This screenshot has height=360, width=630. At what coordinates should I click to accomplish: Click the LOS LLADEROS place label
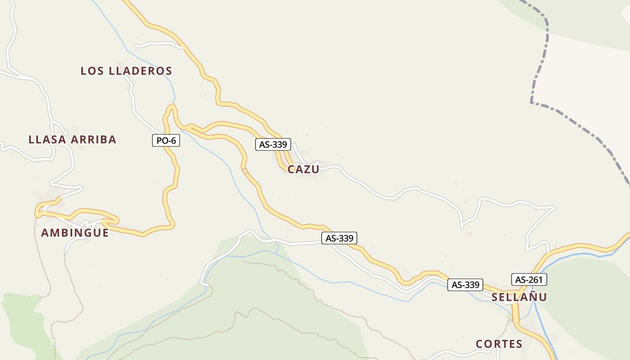click(x=126, y=71)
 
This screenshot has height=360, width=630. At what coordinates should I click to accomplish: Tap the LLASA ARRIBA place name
click(x=72, y=139)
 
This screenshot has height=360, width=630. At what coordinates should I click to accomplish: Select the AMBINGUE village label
click(x=75, y=233)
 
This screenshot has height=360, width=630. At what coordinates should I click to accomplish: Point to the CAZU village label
click(x=303, y=169)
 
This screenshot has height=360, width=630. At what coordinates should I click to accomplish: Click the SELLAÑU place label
click(x=519, y=297)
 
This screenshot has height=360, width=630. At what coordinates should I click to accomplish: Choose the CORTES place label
click(x=499, y=344)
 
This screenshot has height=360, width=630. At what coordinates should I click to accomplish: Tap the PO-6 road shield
click(x=166, y=141)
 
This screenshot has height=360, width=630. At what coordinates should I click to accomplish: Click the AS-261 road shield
click(x=529, y=279)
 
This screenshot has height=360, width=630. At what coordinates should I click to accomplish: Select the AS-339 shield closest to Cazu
click(x=273, y=144)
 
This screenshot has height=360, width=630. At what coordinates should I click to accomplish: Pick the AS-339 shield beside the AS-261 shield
click(x=465, y=284)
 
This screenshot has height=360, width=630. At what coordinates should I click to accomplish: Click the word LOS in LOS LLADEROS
click(x=92, y=71)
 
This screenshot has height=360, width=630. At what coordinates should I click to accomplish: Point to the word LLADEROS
click(x=141, y=71)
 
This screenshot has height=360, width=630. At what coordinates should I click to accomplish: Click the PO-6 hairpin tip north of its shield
click(x=171, y=106)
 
